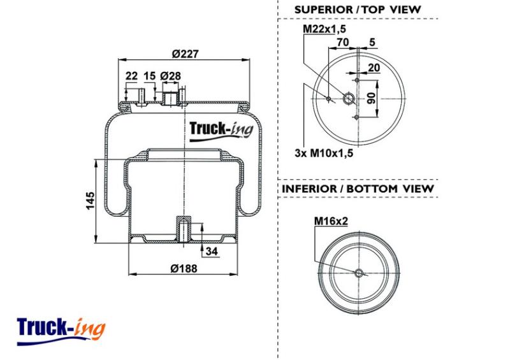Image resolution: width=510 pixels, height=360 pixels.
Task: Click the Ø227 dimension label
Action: [185, 54]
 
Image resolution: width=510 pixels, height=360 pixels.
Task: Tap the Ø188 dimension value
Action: [184, 268]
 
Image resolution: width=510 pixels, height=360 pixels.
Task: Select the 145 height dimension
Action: [91, 201]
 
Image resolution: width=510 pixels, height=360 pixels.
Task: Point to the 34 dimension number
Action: [212, 251]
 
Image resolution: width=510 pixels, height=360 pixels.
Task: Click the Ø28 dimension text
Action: [170, 76]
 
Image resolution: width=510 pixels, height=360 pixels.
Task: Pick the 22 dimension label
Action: [131, 76]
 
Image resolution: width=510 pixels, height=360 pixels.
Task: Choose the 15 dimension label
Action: [150, 76]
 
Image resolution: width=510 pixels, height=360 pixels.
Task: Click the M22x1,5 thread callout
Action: [324, 29]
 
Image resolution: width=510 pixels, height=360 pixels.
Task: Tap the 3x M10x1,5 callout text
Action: [324, 153]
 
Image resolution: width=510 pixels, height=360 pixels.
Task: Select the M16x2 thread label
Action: [331, 221]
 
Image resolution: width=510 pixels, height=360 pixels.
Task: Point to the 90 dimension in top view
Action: [372, 98]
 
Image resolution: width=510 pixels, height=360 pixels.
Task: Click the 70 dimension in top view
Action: [342, 42]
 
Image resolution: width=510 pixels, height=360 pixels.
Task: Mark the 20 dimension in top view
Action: [374, 68]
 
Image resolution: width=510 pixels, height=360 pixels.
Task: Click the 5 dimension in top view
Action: [372, 42]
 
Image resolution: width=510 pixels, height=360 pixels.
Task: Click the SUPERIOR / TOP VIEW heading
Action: [358, 10]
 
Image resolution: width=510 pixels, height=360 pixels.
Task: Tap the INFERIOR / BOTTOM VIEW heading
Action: [358, 189]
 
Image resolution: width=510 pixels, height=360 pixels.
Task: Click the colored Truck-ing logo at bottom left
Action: [61, 331]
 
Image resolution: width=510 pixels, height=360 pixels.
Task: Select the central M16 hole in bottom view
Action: [359, 273]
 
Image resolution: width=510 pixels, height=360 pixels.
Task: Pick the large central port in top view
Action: [349, 98]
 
